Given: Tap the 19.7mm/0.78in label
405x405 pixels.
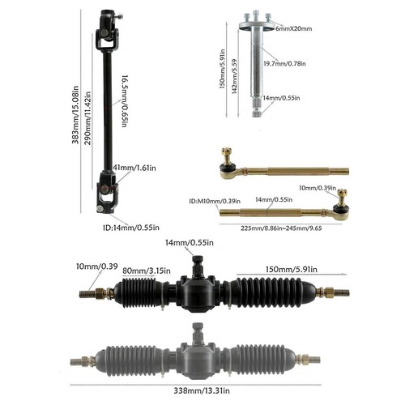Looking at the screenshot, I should pos(287,62).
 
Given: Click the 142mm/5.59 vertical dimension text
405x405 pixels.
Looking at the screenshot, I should pos(235,71).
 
